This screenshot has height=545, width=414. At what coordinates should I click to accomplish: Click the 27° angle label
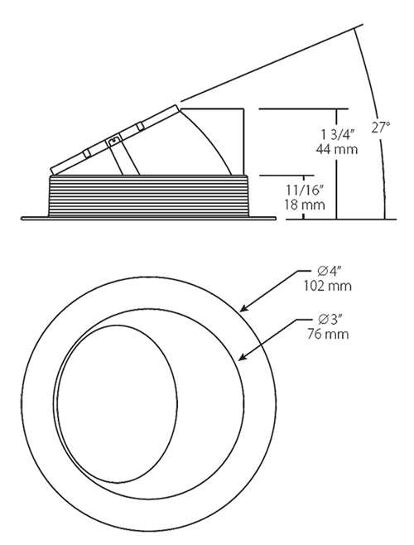381,128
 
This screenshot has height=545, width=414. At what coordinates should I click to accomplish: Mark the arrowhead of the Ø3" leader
239,359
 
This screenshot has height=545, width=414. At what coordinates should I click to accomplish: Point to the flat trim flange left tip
24,219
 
